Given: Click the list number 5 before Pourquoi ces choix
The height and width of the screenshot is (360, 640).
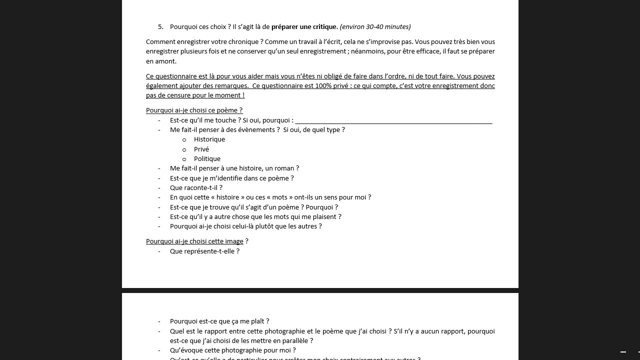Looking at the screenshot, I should click(160, 27).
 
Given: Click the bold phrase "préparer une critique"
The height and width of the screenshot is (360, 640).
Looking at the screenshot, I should click(304, 27).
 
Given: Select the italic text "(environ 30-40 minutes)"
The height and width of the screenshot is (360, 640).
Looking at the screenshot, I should click(375, 27).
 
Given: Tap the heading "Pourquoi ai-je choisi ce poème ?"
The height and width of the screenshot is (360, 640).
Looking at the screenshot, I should click(194, 110).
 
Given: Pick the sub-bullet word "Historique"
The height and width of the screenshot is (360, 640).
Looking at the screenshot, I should click(209, 139).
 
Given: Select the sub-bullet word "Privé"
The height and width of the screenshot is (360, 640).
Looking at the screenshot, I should click(201, 149).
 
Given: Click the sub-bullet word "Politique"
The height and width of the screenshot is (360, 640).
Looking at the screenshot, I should click(207, 159).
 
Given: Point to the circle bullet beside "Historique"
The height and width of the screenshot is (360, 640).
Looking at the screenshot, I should click(184, 140).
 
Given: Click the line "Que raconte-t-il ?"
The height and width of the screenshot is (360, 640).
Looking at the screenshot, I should click(196, 188).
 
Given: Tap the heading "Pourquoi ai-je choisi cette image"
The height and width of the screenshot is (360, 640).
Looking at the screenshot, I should click(194, 241).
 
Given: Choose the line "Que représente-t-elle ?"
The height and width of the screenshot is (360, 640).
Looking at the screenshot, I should click(204, 251).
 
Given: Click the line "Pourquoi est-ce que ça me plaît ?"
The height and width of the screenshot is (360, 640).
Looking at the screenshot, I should click(219, 321).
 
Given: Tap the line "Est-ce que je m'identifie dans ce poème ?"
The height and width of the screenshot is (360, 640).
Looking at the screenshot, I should click(231, 178).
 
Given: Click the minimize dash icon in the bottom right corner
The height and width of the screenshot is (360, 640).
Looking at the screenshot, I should click(623, 352).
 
